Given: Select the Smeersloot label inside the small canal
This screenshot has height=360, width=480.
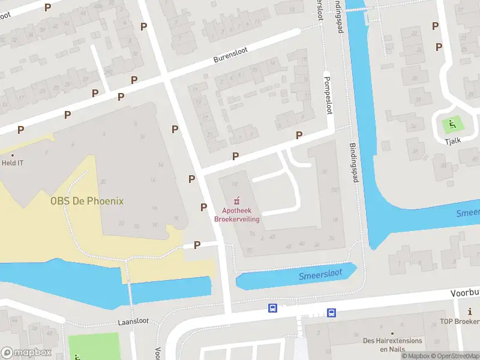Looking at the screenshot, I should pos(320,274).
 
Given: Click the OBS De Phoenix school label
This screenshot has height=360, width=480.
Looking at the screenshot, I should pos(86,201).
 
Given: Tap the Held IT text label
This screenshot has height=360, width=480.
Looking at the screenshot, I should pos(13,163).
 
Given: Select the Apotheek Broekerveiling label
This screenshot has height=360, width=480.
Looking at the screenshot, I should pos(237,215).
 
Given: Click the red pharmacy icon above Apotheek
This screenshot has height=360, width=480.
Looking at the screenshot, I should pos(237,200).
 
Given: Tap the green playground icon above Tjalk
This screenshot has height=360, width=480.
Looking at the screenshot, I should pos(451,125).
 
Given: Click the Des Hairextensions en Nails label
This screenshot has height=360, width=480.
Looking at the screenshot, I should pos(392,344).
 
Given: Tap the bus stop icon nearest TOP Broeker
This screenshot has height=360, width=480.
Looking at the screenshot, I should pos(331,313).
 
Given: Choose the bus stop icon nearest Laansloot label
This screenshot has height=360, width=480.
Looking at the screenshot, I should pos(272,308).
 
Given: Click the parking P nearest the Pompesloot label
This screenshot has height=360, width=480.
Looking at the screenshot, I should pos(299,136).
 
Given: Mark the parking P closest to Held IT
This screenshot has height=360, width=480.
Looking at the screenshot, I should pos(21,130).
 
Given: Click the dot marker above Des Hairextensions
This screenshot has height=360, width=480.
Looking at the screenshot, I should pos(392,333).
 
